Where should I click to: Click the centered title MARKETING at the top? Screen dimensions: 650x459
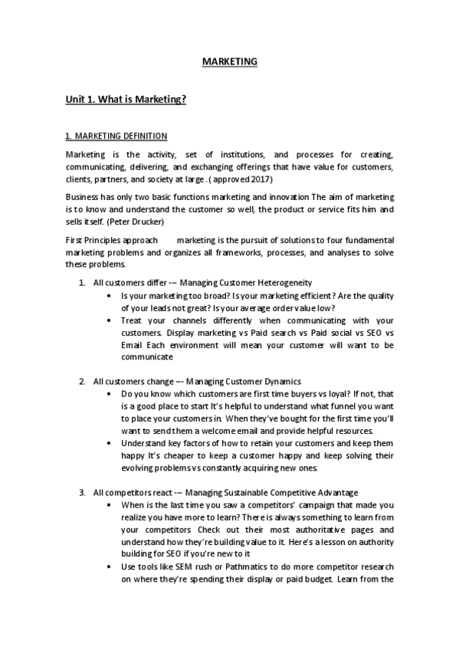point(229,61)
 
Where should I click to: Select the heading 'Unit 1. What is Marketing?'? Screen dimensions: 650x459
point(126,100)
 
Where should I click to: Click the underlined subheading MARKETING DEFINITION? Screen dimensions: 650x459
point(116,136)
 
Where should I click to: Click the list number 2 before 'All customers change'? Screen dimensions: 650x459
point(82,381)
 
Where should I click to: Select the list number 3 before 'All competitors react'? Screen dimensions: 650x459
point(82,491)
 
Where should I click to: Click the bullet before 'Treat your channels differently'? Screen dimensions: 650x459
point(113,320)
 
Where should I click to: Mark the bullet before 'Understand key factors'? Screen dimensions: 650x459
point(113,443)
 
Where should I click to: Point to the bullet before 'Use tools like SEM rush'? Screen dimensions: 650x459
point(113,566)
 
